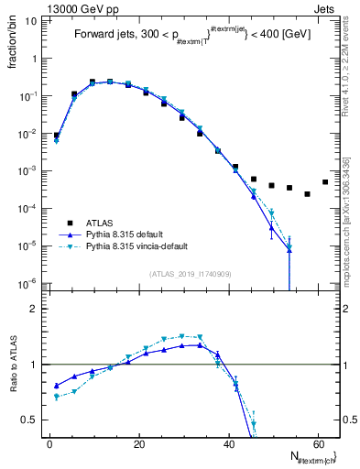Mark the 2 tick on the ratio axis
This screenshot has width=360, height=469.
pyautogui.click(x=34, y=309)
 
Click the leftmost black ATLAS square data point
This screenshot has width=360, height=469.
pyautogui.click(x=57, y=136)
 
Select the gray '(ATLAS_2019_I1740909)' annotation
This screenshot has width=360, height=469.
pyautogui.click(x=190, y=274)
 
